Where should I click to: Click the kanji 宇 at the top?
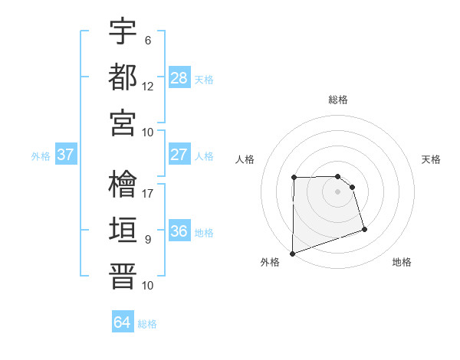[123, 32]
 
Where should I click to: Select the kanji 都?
[123, 77]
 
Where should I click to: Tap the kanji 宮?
[123, 122]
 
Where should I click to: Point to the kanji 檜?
[123, 185]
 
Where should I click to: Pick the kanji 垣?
[123, 230]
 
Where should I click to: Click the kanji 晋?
[123, 275]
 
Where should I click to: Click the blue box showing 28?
[179, 77]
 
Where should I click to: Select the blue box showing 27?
[179, 154]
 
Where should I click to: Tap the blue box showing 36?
[179, 231]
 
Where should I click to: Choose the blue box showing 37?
[66, 154]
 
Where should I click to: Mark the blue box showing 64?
[123, 322]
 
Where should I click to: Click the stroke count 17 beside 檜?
[149, 194]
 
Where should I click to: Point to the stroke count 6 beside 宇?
[148, 41]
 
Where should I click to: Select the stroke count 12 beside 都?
[148, 86]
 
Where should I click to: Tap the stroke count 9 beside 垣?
[148, 239]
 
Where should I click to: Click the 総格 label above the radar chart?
[338, 100]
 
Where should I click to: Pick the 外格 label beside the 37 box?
[41, 155]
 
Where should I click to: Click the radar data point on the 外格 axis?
[292, 253]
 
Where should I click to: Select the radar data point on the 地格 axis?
[364, 229]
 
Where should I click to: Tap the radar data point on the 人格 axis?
[294, 178]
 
